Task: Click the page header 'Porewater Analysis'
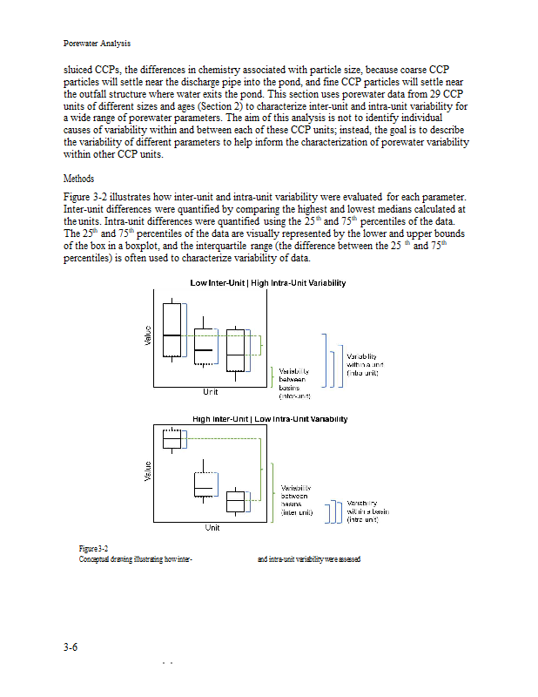click(x=97, y=44)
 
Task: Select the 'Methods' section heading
click(x=78, y=179)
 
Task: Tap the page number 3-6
click(x=71, y=647)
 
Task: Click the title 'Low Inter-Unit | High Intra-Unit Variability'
click(x=268, y=282)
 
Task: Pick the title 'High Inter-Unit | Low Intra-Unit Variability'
click(x=270, y=419)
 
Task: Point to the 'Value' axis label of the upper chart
click(x=148, y=335)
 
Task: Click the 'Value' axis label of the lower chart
click(x=148, y=471)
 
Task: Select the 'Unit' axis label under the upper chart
click(x=211, y=391)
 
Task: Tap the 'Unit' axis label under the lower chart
click(x=212, y=528)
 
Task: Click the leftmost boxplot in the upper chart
click(x=171, y=330)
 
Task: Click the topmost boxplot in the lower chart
click(x=171, y=439)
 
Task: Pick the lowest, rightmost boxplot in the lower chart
click(x=235, y=501)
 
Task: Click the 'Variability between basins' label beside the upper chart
click(x=294, y=383)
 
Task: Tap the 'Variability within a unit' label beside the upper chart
click(x=365, y=364)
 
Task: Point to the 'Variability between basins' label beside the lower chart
click(x=297, y=500)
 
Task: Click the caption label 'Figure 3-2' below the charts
click(x=93, y=549)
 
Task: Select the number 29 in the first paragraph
click(x=435, y=94)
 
